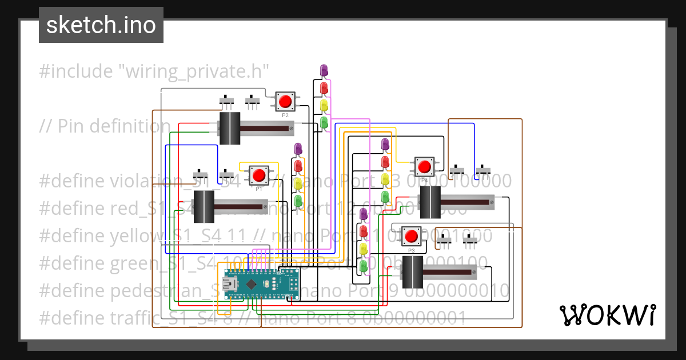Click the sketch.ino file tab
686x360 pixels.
(101, 25)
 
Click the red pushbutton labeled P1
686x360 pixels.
(260, 174)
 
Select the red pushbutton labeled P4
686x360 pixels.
(424, 167)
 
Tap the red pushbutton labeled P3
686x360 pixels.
(410, 236)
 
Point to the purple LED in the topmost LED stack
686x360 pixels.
(324, 70)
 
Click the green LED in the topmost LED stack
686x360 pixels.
(324, 122)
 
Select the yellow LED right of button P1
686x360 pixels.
(298, 183)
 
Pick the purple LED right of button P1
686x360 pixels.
(298, 149)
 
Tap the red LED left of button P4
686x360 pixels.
(385, 162)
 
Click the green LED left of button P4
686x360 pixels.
(385, 197)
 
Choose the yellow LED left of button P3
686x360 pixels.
(363, 249)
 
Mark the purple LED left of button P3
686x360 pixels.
(363, 214)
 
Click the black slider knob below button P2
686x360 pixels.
(230, 129)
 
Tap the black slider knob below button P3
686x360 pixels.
(412, 273)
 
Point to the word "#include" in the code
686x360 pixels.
(76, 71)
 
